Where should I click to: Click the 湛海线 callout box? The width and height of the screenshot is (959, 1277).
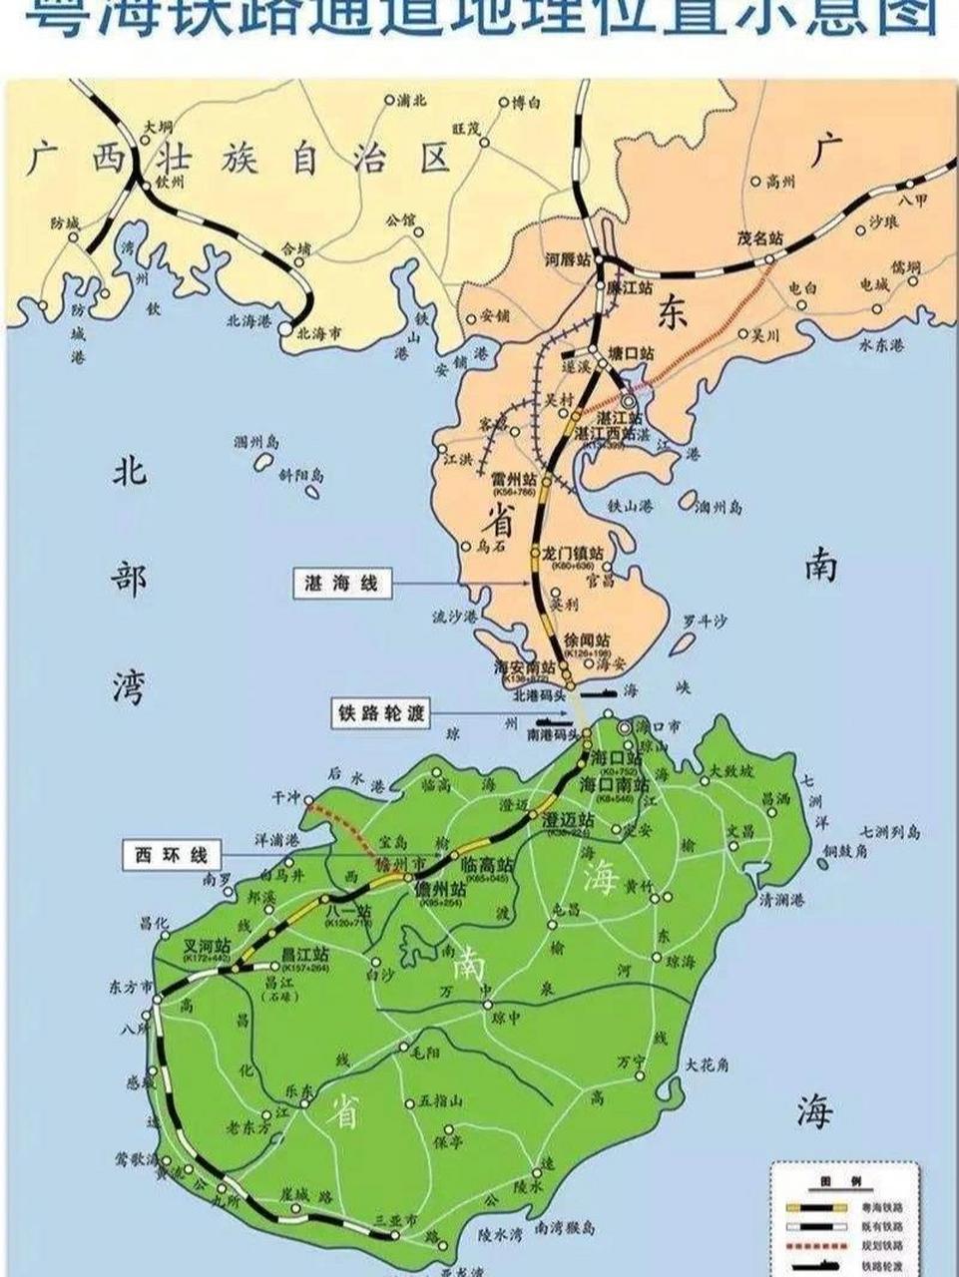342,584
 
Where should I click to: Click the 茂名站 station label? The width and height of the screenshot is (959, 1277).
759,239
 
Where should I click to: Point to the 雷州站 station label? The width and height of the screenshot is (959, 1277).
513,479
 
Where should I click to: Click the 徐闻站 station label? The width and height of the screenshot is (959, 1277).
587,639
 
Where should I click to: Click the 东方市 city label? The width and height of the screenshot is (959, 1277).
130,987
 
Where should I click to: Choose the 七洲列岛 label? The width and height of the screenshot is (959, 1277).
886,832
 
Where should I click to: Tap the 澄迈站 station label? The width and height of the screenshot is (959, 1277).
569,819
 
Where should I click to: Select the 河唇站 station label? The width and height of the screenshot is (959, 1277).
570,260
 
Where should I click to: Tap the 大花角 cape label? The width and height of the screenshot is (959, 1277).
707,1065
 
